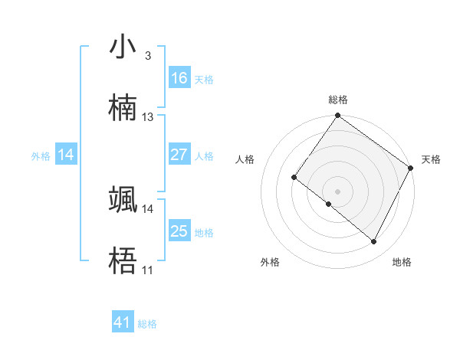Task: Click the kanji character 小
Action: point(123,48)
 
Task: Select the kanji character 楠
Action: point(123,108)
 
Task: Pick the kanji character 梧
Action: point(123,260)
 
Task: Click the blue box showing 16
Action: point(179,78)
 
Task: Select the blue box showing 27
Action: point(179,155)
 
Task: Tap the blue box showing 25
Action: point(179,231)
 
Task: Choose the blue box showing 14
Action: point(66,155)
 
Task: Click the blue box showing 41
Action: point(123,322)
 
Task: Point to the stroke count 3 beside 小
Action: point(147,55)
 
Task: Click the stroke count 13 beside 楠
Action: point(148,117)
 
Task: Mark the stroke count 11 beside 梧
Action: point(147,270)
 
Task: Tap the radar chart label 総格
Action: point(337,100)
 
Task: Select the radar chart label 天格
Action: point(431,159)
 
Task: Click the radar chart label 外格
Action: point(270,262)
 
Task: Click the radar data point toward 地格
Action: point(374,242)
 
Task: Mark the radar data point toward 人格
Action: point(294,178)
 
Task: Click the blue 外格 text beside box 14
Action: point(41,155)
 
